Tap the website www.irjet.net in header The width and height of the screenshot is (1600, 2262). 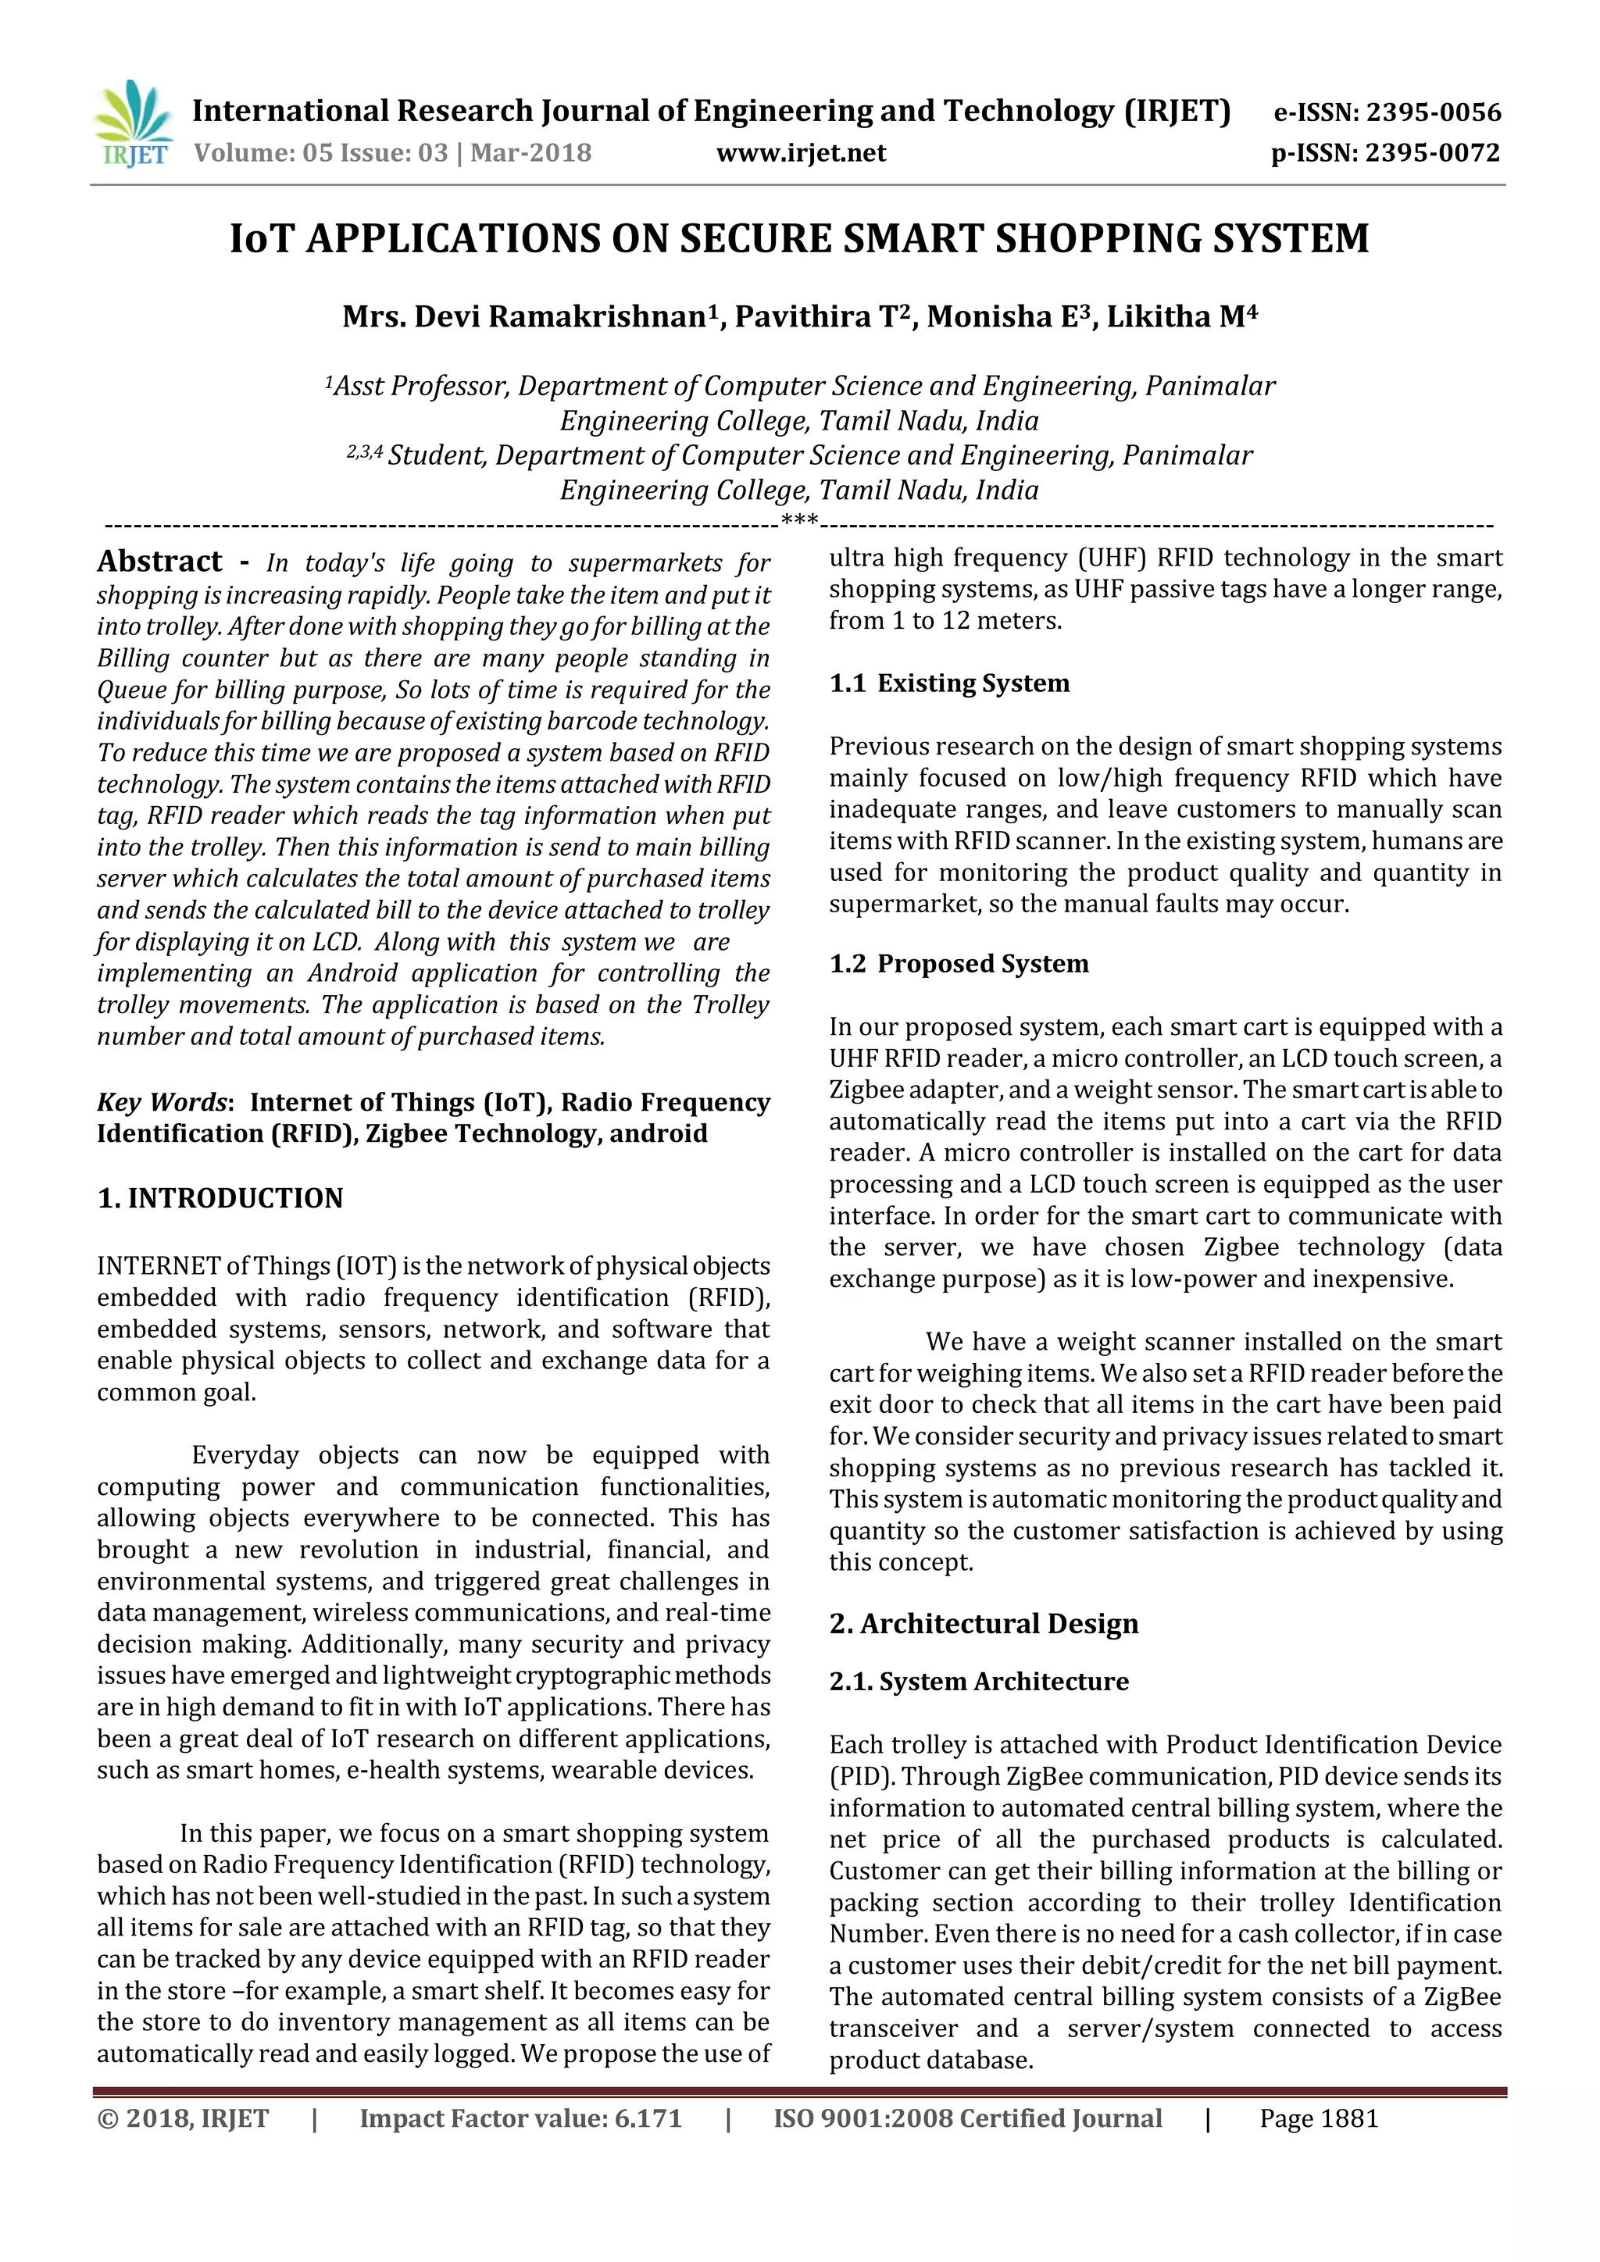(800, 153)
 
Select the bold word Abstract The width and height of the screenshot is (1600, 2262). (159, 562)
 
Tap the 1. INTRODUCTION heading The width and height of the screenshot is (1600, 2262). (220, 1198)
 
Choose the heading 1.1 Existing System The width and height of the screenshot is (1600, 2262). (948, 683)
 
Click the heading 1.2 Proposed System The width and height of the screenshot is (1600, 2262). (959, 964)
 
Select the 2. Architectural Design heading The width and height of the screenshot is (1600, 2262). (984, 1624)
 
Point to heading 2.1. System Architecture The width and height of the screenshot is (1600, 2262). (978, 1682)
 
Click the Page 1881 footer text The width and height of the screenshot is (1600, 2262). (1318, 2119)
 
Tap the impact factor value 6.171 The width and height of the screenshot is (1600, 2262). (648, 2119)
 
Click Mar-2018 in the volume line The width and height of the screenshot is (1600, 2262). (531, 153)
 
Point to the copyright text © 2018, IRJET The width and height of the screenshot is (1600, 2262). (184, 2119)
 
